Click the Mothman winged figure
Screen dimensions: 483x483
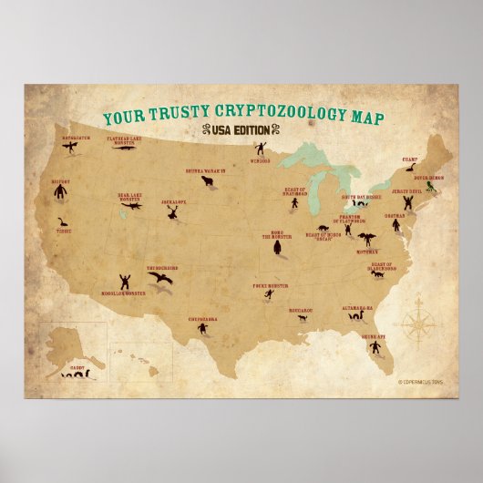367,240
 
